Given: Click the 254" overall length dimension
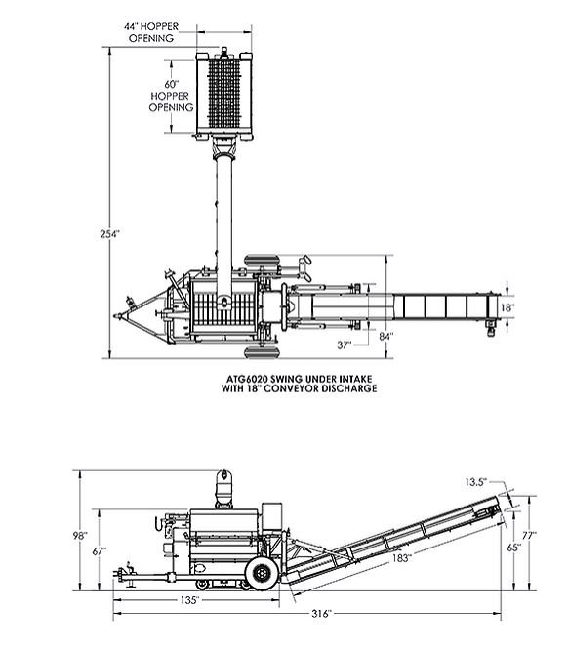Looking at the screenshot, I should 109,234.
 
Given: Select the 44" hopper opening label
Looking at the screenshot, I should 150,30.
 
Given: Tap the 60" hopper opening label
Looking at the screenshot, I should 170,97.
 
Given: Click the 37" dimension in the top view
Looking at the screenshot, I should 345,345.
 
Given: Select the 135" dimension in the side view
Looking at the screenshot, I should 189,598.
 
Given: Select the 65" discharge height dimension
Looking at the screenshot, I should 514,548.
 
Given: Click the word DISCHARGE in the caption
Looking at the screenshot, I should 344,387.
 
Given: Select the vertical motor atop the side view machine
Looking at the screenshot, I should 225,487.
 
